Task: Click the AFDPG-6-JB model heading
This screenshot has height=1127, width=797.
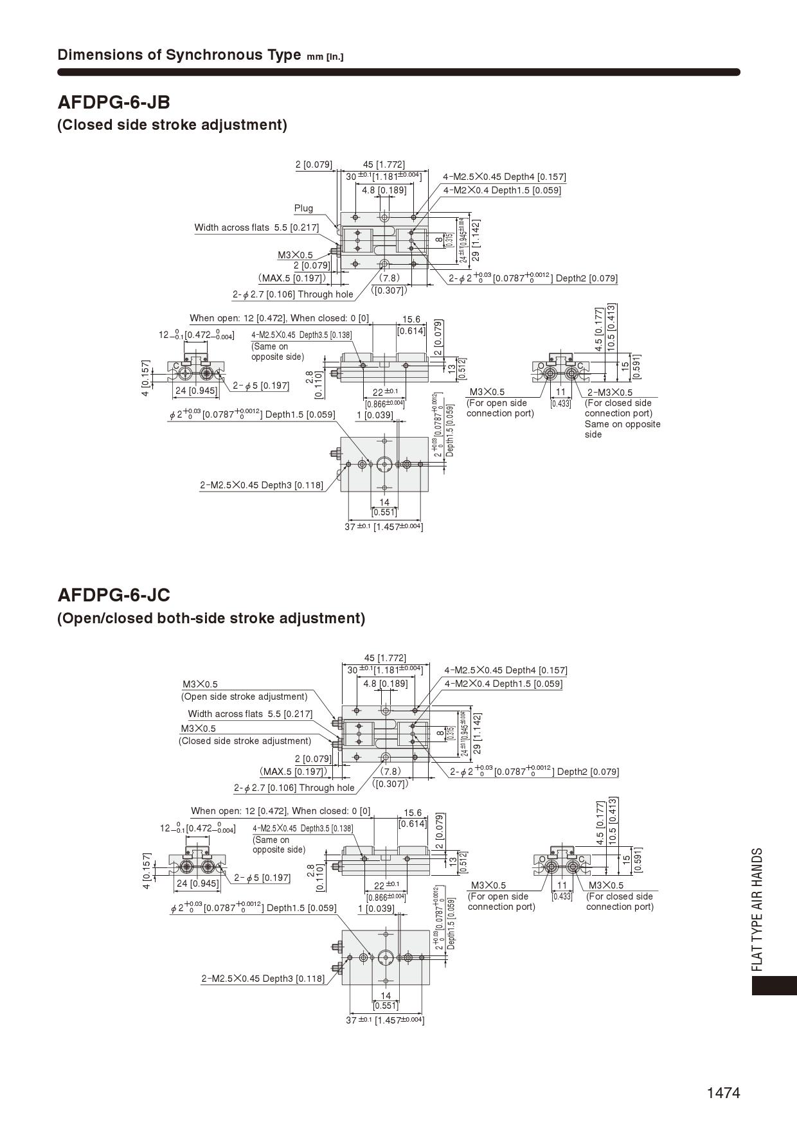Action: (114, 102)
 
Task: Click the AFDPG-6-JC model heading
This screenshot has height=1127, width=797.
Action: (114, 595)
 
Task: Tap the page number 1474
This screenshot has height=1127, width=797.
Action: (723, 1093)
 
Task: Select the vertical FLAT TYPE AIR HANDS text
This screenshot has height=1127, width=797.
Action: (758, 909)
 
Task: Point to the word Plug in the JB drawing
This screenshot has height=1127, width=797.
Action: (303, 208)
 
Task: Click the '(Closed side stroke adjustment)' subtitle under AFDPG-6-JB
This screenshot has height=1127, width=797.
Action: (172, 125)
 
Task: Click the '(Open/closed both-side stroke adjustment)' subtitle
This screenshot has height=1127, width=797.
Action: (211, 618)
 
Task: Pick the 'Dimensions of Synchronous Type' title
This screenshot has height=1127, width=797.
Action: (179, 55)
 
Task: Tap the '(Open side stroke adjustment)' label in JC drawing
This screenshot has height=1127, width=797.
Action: (244, 697)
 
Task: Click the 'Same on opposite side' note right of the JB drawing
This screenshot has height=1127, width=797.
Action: (622, 429)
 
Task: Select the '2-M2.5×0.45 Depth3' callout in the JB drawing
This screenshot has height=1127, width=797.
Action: (262, 485)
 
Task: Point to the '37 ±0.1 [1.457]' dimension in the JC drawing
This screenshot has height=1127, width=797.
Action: (384, 1020)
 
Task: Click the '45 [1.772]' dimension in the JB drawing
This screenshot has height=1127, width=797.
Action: (384, 164)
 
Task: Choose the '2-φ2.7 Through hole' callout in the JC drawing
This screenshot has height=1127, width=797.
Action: (294, 788)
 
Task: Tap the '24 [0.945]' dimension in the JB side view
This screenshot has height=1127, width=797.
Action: (197, 390)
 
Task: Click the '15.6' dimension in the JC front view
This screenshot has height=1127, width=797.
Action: (412, 813)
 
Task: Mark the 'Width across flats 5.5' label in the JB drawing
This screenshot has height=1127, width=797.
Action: (256, 227)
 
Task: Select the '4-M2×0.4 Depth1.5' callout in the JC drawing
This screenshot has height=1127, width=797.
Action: (503, 684)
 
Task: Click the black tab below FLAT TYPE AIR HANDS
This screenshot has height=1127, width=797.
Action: (774, 986)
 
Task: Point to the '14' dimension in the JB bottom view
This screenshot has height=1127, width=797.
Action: (384, 502)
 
